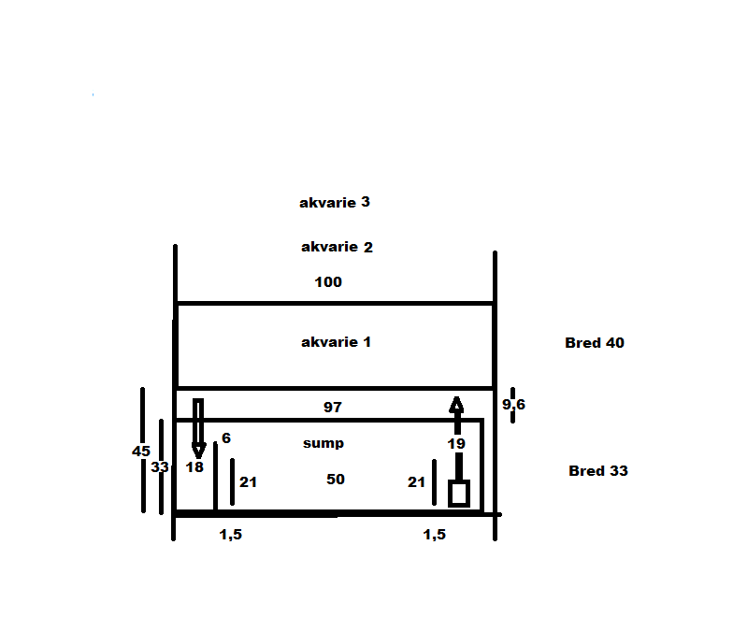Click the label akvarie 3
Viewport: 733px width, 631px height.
point(335,202)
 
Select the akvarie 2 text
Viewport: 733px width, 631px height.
point(337,247)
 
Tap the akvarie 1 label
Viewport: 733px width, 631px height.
point(337,342)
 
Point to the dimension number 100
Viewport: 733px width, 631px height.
point(328,282)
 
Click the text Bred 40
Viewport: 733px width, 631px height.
point(595,342)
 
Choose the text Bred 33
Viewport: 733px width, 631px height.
point(598,471)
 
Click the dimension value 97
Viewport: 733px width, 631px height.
point(333,408)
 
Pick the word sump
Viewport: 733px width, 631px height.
point(323,443)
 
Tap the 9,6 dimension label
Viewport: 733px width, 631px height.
point(514,404)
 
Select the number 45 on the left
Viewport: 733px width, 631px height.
point(141,451)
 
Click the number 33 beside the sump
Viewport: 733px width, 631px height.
point(160,467)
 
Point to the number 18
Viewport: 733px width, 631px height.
point(194,467)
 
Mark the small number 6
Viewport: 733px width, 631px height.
point(226,437)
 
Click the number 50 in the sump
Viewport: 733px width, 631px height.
point(336,479)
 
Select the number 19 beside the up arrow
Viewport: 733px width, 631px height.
point(456,443)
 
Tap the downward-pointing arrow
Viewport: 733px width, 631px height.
point(198,428)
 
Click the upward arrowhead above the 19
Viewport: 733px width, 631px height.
point(456,405)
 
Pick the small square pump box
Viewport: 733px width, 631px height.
point(459,494)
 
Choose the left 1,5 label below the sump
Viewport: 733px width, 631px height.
point(231,535)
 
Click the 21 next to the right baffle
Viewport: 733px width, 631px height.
point(417,482)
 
